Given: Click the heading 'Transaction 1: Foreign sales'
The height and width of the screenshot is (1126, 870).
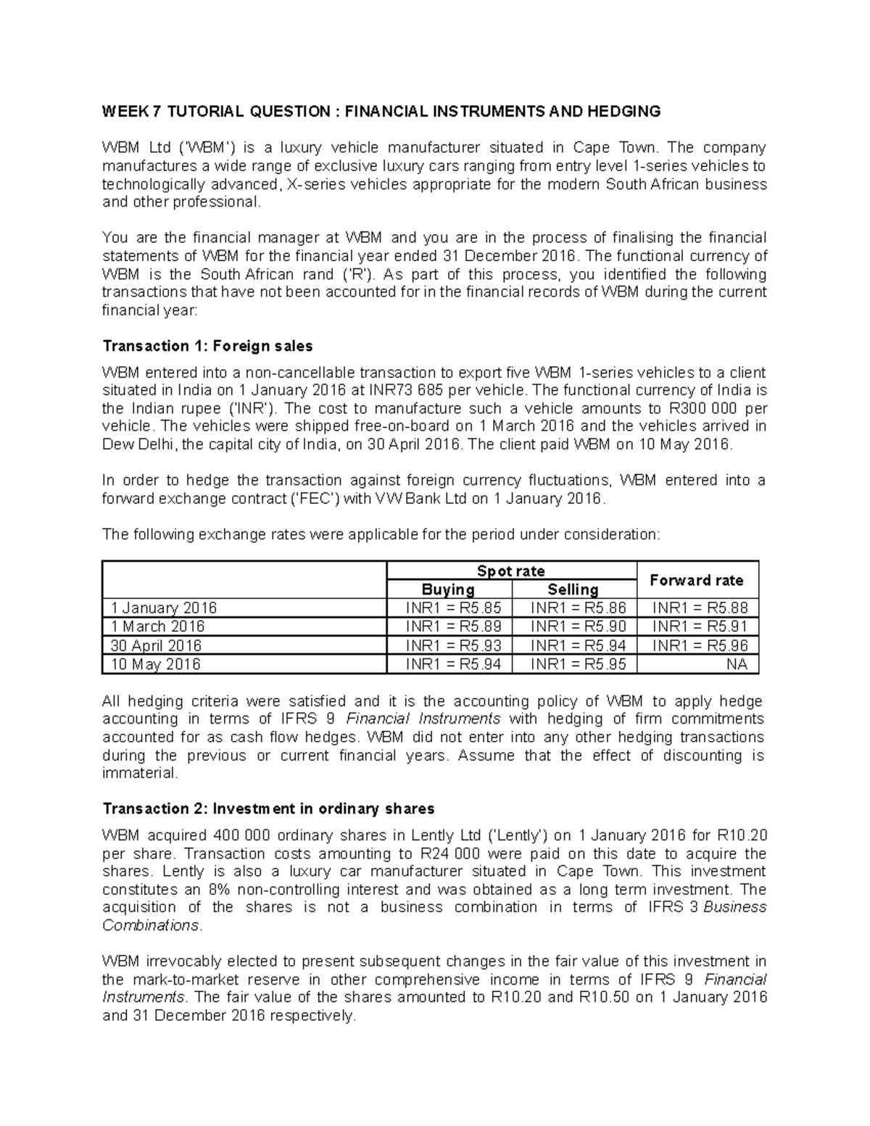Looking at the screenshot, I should tap(207, 345).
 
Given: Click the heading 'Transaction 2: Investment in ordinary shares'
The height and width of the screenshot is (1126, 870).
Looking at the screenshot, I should tap(268, 808).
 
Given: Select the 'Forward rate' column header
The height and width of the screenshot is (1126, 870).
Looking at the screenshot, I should tap(696, 580).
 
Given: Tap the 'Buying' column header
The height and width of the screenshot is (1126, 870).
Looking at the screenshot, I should tap(449, 589).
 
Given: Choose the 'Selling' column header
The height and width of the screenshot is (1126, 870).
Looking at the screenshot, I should tap(573, 589).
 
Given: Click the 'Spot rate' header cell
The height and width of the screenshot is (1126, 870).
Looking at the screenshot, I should tap(511, 571).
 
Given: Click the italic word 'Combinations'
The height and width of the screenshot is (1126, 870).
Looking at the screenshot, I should tap(150, 926).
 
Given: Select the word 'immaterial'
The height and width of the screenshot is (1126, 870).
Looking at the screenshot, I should tap(138, 773).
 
